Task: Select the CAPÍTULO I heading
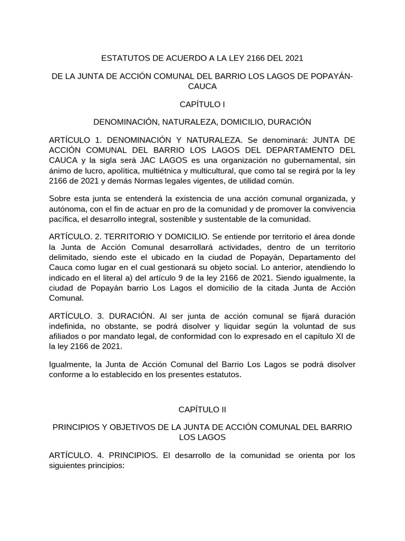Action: (202, 105)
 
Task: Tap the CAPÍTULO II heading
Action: (202, 409)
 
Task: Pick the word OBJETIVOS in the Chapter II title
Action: (130, 427)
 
